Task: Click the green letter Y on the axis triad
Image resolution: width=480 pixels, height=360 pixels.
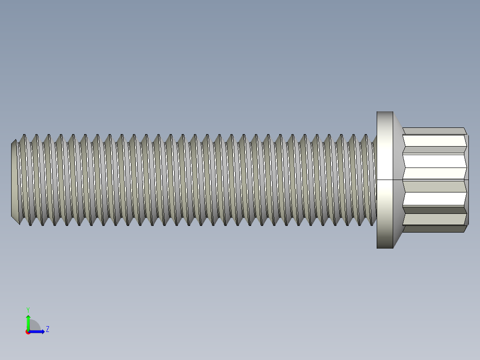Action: [x=28, y=309]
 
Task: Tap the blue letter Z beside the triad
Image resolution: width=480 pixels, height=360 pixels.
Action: [x=47, y=329]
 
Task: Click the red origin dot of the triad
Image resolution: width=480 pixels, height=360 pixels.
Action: [x=28, y=332]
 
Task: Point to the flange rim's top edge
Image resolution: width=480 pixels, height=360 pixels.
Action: [x=385, y=112]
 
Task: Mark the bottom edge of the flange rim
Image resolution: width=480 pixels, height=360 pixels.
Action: [x=385, y=248]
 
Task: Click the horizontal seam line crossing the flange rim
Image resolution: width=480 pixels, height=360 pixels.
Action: [x=385, y=180]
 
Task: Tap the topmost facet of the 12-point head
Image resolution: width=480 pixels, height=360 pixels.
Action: [x=434, y=131]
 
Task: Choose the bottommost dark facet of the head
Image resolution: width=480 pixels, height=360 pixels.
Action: [x=434, y=229]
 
